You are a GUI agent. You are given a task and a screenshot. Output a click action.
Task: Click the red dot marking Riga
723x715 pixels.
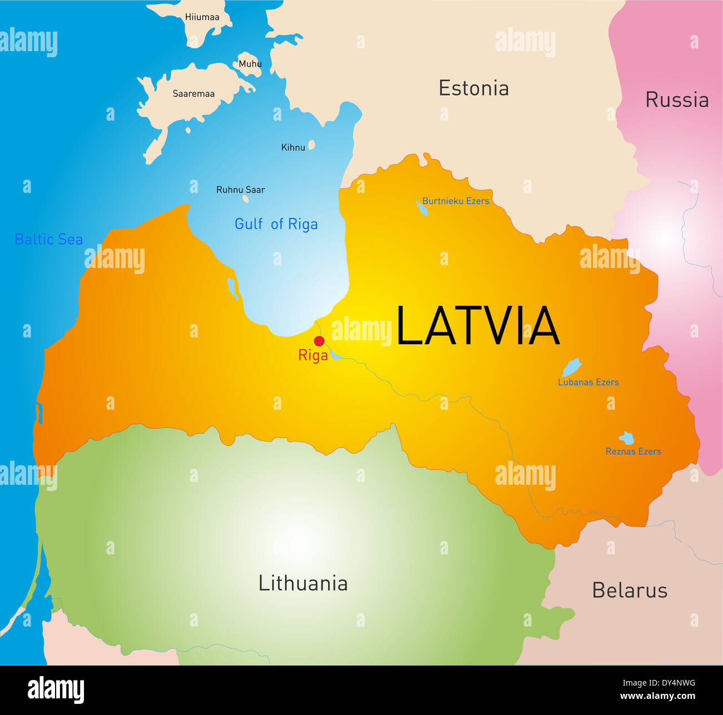[x=319, y=341]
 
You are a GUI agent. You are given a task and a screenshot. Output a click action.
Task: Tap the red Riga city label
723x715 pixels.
[x=313, y=355]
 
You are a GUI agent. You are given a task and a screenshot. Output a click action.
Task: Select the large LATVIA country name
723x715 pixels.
[x=477, y=326]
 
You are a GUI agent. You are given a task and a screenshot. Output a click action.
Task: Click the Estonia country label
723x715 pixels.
[x=473, y=88]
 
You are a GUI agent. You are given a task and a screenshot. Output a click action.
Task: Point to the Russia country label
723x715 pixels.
[x=676, y=100]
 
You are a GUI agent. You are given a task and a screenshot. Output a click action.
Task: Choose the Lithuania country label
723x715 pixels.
[x=303, y=583]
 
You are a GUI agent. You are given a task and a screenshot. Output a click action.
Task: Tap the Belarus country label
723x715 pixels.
[x=629, y=590]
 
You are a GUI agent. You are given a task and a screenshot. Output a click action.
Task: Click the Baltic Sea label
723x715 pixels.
[x=49, y=240]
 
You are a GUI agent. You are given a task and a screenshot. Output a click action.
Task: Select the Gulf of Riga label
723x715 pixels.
[x=276, y=224]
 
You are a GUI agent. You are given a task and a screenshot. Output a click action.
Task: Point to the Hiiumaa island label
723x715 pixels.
[x=202, y=17]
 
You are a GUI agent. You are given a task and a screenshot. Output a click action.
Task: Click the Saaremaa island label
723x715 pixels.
[x=194, y=94]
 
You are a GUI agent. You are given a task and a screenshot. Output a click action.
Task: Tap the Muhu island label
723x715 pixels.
[x=250, y=64]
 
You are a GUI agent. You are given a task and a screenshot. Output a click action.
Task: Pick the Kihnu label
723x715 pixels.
[x=293, y=147]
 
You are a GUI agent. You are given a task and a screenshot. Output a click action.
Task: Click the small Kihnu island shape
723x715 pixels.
[x=311, y=145]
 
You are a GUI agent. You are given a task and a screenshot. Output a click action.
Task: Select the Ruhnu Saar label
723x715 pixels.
[x=240, y=190]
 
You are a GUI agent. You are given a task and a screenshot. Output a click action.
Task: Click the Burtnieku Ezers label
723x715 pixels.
[x=455, y=201]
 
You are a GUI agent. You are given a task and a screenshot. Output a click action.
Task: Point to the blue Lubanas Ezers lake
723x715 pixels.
[x=571, y=368]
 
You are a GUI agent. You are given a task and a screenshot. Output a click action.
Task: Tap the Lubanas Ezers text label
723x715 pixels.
[x=588, y=383]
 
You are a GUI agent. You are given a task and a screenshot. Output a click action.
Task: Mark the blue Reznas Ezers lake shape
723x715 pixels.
[x=627, y=438]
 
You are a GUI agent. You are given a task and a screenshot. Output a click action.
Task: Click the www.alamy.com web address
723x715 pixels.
[x=657, y=696]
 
